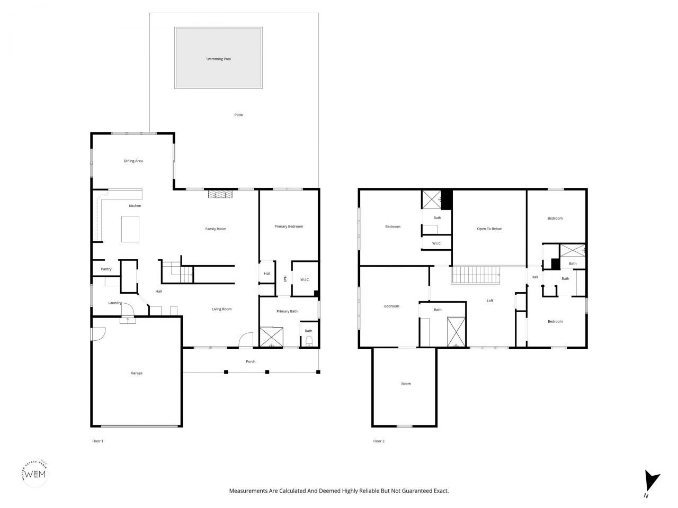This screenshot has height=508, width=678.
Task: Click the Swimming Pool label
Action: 218,59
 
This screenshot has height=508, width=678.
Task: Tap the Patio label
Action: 238,115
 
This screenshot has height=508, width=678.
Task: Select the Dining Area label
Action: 133,161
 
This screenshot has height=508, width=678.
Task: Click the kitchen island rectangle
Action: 130,229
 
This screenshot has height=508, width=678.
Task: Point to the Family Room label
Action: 216,229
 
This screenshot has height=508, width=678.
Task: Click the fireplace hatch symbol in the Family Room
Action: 220,194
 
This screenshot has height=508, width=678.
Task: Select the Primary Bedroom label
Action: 289,226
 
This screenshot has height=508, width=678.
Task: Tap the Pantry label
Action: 106,269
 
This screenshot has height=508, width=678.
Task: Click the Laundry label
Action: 115,303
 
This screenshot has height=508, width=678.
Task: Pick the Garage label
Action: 136,373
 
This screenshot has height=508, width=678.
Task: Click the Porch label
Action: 251,361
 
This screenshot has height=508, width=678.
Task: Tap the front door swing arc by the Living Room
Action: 246,340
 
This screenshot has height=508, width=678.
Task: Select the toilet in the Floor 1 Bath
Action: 309,341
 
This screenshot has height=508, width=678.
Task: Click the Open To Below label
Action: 489,229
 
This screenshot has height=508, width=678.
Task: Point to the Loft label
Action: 490,301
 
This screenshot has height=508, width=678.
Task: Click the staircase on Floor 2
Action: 475,275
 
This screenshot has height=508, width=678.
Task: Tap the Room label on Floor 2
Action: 406,384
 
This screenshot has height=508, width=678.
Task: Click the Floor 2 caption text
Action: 379,441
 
